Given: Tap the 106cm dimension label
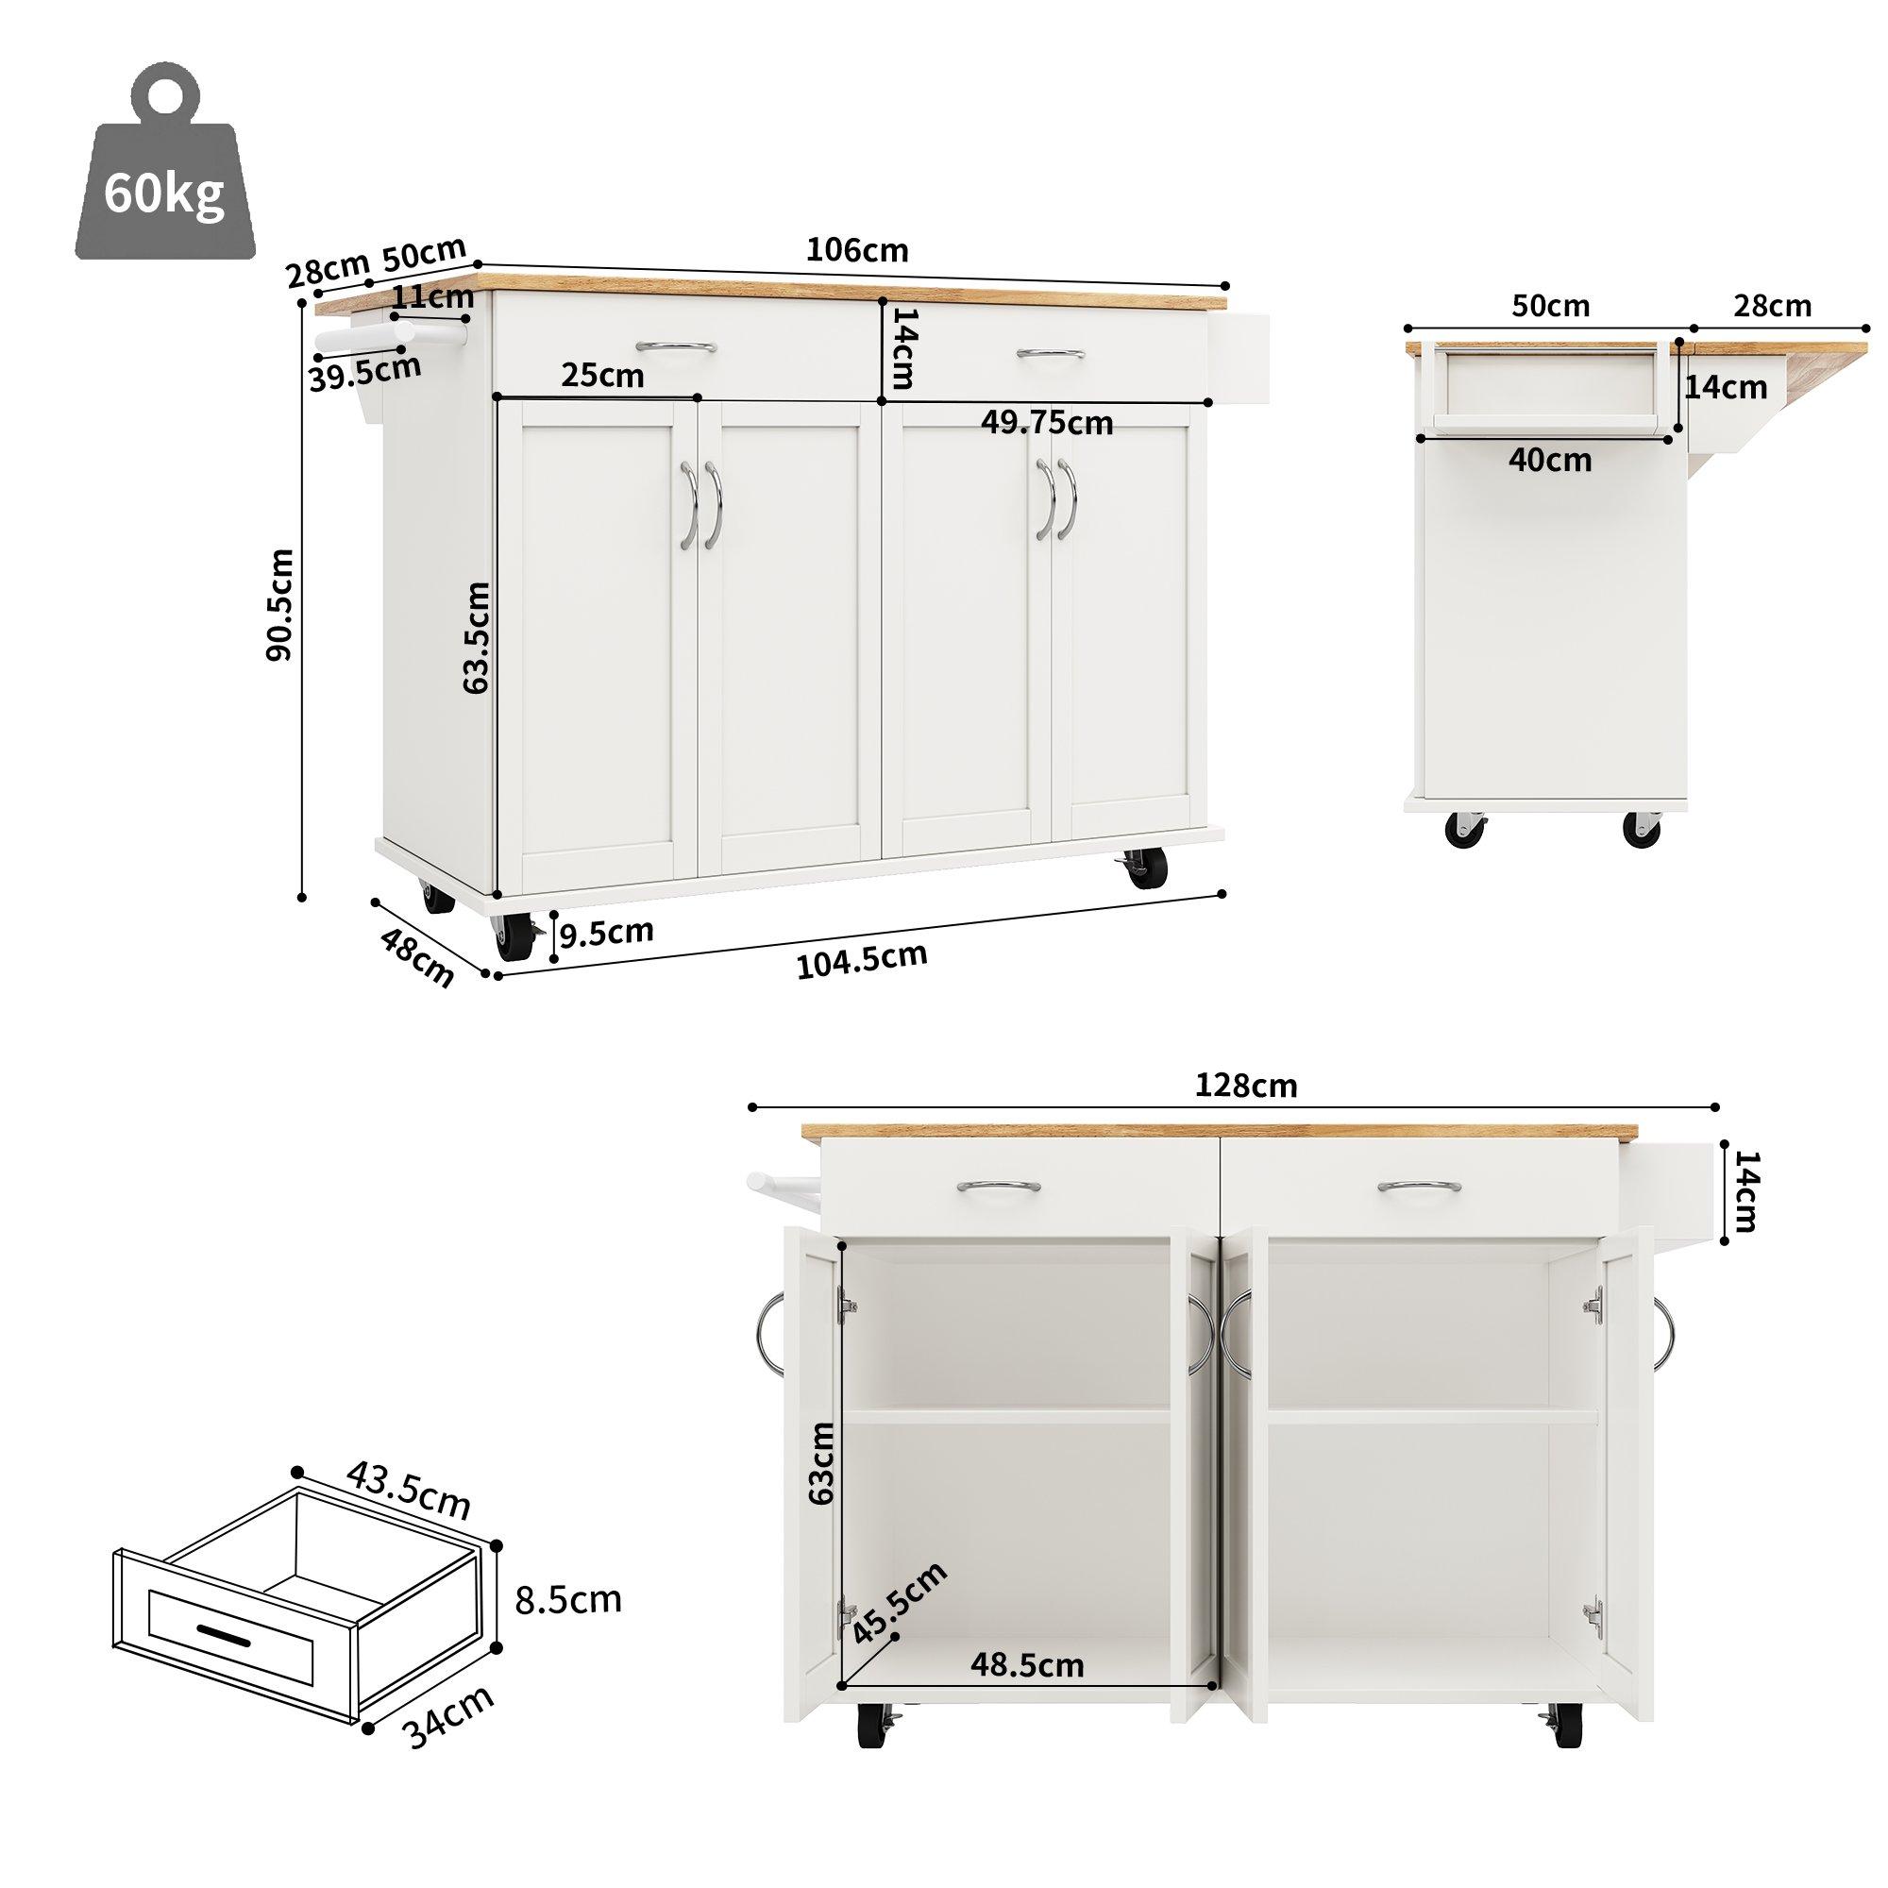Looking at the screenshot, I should pos(856,251).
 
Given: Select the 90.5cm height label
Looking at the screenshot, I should pos(279,604).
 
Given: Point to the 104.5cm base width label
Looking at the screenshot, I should pos(861,961).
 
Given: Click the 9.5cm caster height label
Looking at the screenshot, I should pos(606,933).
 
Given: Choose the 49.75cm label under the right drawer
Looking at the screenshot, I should pos(1047,422).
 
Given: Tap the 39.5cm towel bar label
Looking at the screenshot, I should pos(364,372).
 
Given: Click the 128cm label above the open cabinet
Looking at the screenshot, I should pos(1246,1086).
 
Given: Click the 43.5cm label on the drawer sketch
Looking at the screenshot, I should pos(409,1491).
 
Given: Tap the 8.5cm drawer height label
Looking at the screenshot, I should pos(567,1600).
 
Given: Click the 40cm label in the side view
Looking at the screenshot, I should pos(1549,460).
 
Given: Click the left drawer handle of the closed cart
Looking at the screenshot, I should pos(675,346).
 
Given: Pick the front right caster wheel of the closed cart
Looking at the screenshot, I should pos(1146,866).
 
